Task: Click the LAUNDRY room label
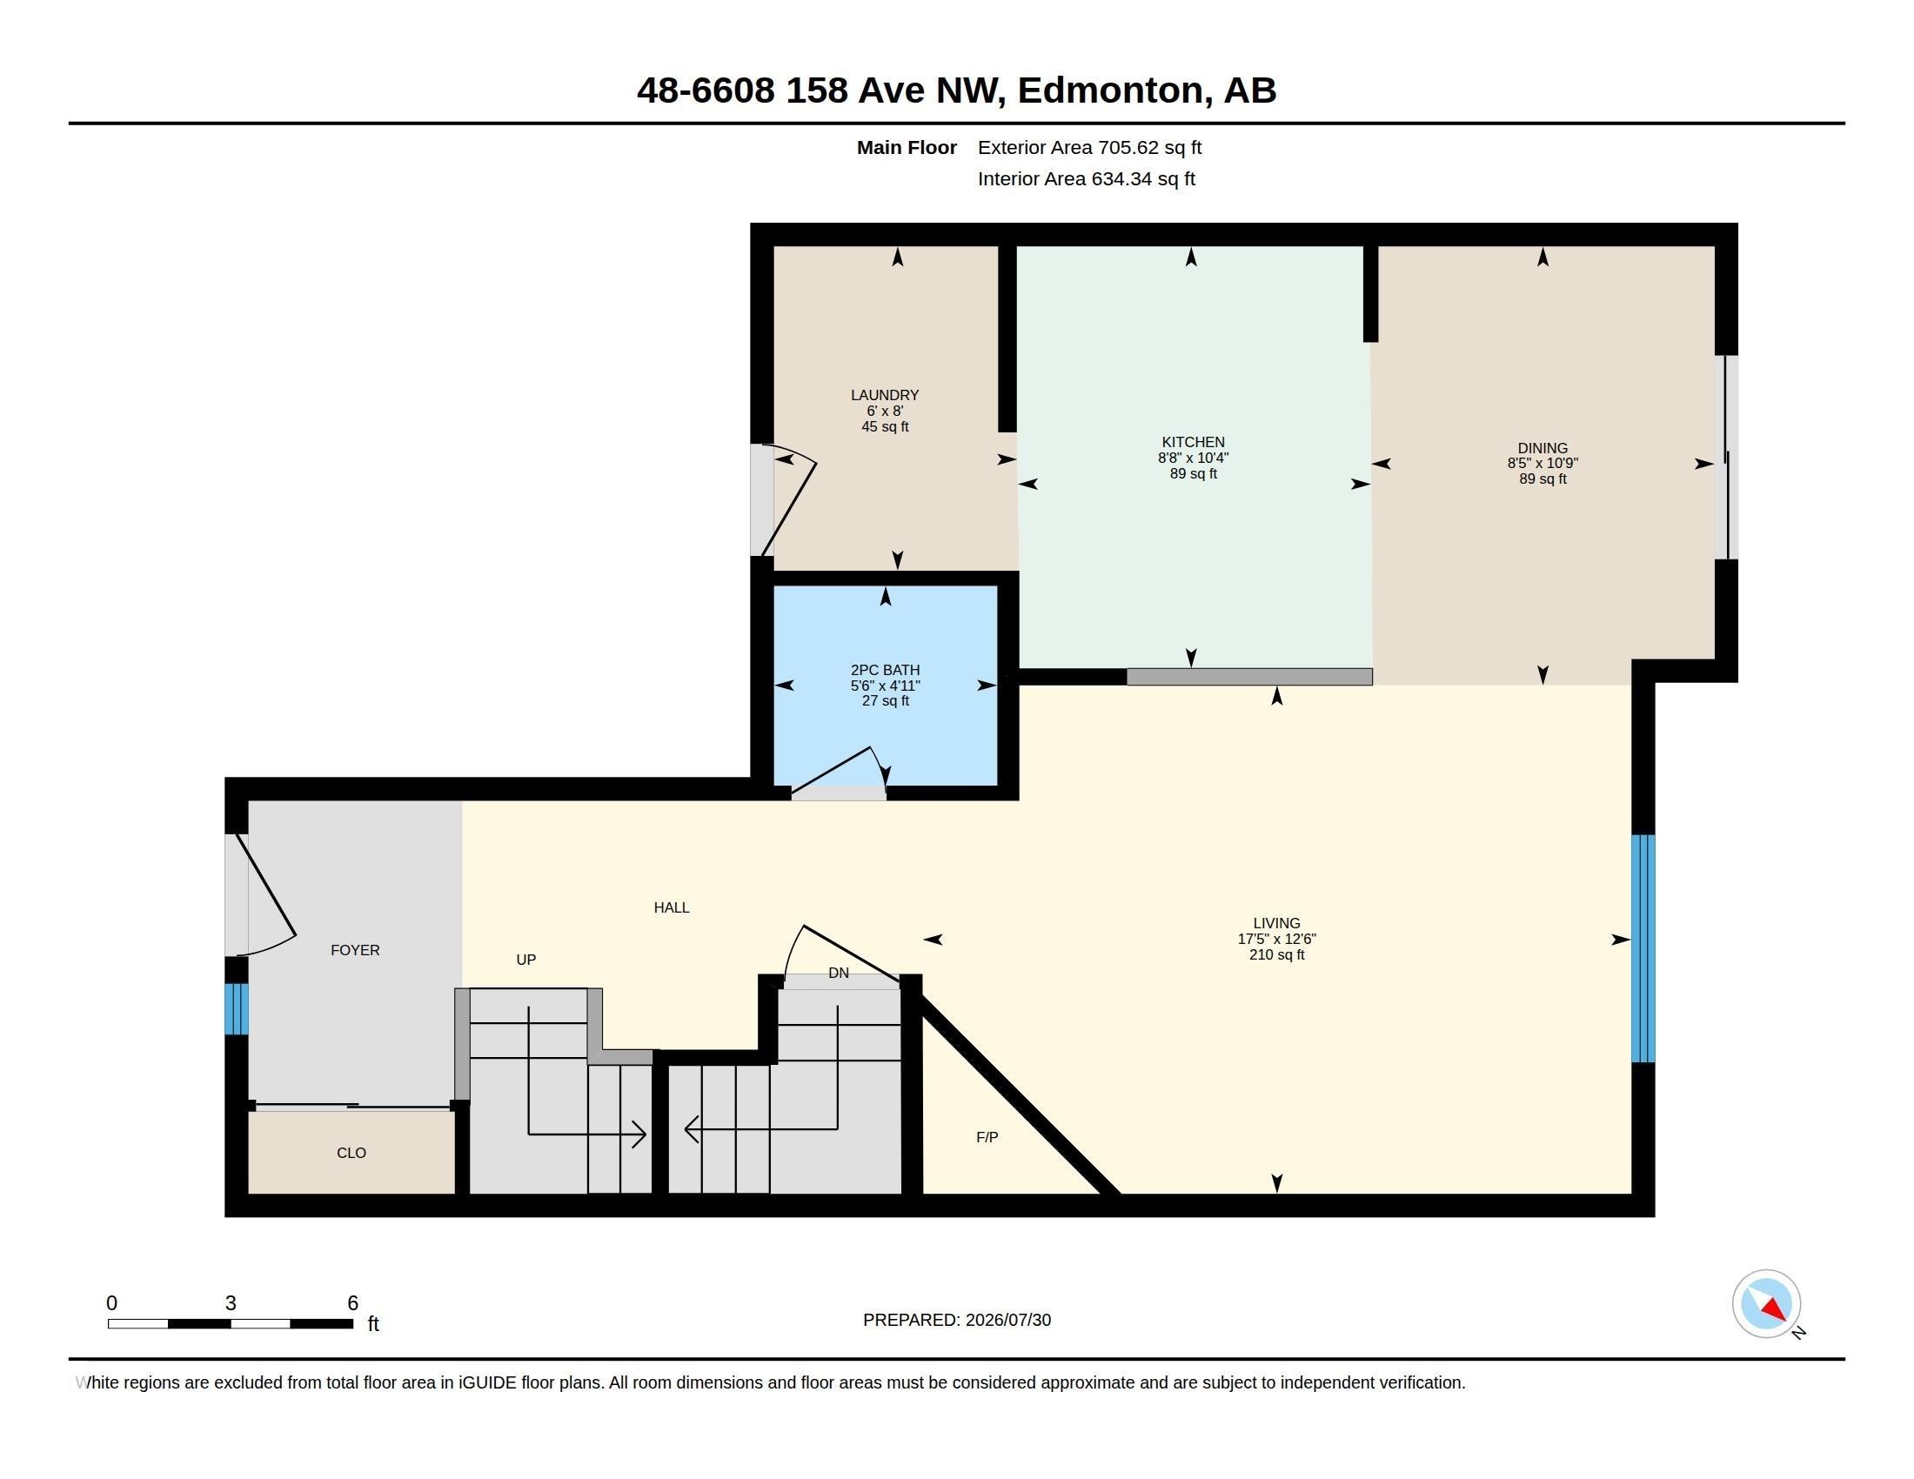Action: pos(884,395)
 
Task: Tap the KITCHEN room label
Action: pos(1193,443)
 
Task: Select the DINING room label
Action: pos(1543,448)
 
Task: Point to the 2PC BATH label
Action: pos(885,670)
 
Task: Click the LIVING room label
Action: pos(1276,923)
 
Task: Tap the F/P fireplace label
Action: pos(987,1137)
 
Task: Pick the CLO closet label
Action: pos(351,1153)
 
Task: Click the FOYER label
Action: pos(355,950)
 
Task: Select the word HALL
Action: pos(672,907)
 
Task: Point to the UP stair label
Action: pos(525,960)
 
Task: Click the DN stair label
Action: pos(839,973)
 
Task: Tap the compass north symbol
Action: pos(1768,1305)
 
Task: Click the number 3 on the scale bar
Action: pos(231,1303)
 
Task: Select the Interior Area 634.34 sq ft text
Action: pos(1086,178)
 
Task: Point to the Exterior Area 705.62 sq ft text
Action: pos(1089,147)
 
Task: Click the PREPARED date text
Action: pos(957,1320)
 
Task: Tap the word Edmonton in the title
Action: pos(1109,90)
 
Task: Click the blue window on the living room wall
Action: pos(1643,948)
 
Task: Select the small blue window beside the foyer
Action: pos(237,1008)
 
